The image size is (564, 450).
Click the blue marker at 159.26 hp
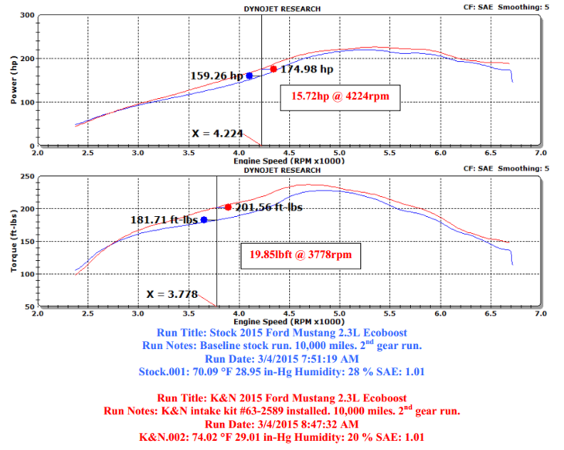click(249, 76)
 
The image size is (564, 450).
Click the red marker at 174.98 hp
click(274, 69)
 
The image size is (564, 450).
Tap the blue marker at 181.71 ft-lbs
click(204, 220)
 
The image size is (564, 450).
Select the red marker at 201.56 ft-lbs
click(228, 207)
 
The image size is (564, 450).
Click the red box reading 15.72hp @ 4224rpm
click(334, 98)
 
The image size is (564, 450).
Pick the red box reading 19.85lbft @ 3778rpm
click(301, 254)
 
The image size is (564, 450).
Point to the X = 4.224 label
click(218, 134)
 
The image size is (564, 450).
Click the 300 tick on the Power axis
click(25, 15)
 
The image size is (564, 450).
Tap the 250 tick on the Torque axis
click(25, 177)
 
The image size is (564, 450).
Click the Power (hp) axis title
click(10, 80)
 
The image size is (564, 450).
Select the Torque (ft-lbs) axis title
click(10, 241)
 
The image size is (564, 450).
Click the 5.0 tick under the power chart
click(339, 153)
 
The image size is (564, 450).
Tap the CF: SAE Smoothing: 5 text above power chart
click(508, 8)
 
